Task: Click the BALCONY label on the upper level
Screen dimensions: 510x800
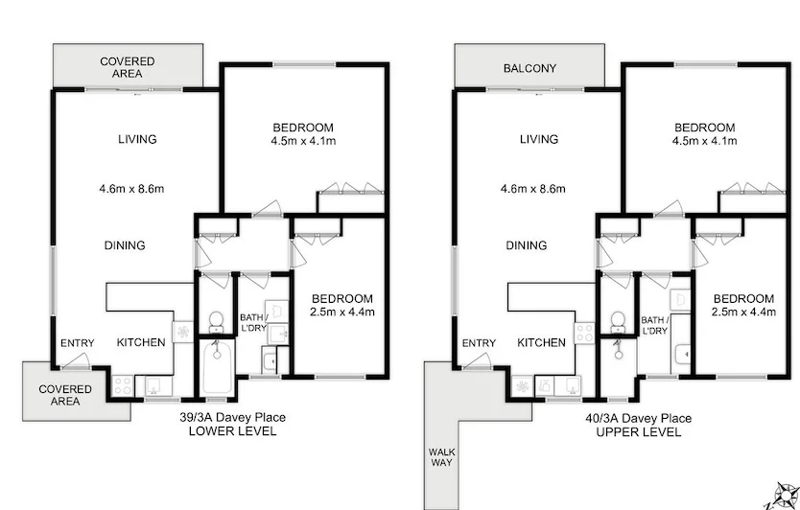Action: click(529, 68)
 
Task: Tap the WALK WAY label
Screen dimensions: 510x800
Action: click(441, 457)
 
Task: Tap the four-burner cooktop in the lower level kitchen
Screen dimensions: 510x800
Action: click(124, 385)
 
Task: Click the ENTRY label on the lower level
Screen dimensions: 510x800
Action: click(77, 343)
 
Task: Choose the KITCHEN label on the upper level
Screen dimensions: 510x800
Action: click(541, 343)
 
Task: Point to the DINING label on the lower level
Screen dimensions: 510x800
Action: click(125, 245)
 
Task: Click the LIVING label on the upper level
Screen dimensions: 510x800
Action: click(539, 139)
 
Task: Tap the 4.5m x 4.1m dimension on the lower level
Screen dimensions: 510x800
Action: click(303, 142)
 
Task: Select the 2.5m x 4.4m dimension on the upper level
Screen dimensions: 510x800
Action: click(743, 312)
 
